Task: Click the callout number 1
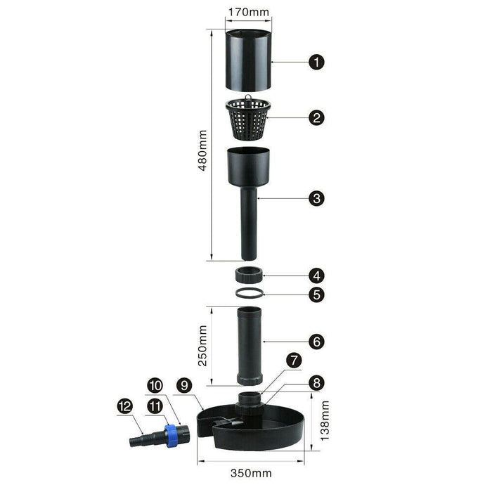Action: (316, 62)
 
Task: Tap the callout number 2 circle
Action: (316, 117)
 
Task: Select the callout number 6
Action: (316, 342)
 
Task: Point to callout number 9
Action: (184, 385)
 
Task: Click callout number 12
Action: (125, 406)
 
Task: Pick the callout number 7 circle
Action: (294, 361)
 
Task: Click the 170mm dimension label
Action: (248, 12)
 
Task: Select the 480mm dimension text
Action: (202, 150)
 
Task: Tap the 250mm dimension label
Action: (202, 346)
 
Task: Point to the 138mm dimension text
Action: (325, 421)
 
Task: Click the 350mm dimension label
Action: (251, 473)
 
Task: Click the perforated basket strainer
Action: (248, 119)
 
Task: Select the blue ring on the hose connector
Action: (171, 436)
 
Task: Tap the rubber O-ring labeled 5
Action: (250, 293)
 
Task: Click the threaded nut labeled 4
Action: (249, 275)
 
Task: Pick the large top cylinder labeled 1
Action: (248, 60)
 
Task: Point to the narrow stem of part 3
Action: (249, 224)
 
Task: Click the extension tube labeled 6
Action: (249, 346)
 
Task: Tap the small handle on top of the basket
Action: (248, 98)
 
